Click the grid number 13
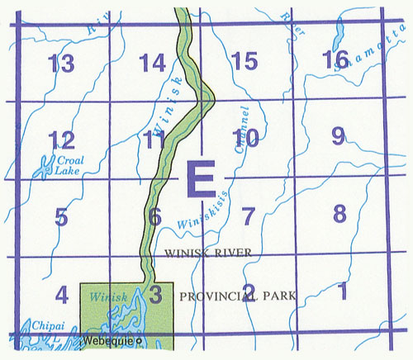[61, 63]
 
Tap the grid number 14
[153, 63]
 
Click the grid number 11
[153, 139]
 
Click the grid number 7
[247, 216]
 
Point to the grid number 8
[339, 213]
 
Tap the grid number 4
[60, 294]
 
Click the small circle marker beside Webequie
[139, 339]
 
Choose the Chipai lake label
[31, 328]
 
